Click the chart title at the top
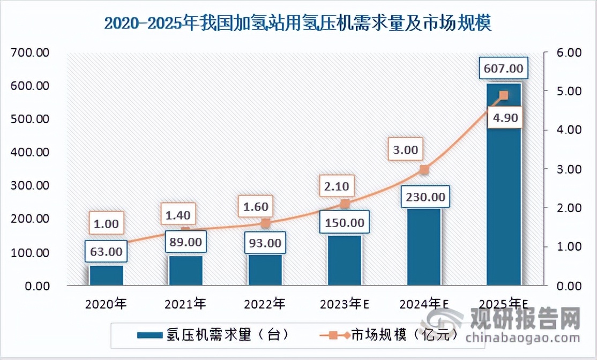pyautogui.click(x=298, y=23)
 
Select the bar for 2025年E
pyautogui.click(x=503, y=187)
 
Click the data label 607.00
pyautogui.click(x=503, y=69)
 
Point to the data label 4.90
pyautogui.click(x=503, y=118)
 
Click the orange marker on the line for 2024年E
pyautogui.click(x=424, y=170)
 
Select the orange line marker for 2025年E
pyautogui.click(x=503, y=95)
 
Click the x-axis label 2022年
pyautogui.click(x=265, y=304)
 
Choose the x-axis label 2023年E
pyautogui.click(x=345, y=304)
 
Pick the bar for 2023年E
pyautogui.click(x=345, y=260)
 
